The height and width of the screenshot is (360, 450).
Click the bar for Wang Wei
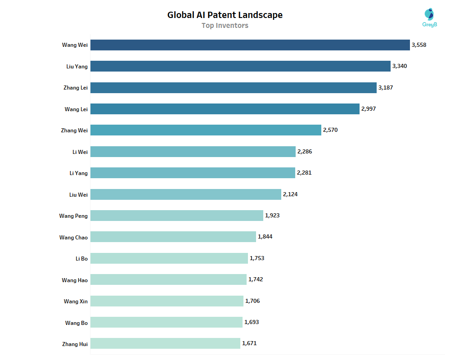(250, 45)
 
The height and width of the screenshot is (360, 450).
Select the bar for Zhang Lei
(233, 88)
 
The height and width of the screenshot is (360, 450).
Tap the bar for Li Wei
(193, 152)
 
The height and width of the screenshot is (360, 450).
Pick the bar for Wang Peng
(176, 216)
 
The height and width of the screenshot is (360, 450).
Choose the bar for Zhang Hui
(165, 343)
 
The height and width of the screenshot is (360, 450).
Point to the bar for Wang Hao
(168, 279)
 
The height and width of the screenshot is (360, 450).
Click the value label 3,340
(400, 66)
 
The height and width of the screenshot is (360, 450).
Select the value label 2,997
(369, 109)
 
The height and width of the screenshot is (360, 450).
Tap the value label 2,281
(304, 173)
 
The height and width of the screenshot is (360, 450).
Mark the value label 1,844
(265, 237)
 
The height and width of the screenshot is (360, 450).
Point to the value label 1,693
(252, 322)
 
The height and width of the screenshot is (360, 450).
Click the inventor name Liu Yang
(77, 67)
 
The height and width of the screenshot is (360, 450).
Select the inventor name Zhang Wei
(74, 130)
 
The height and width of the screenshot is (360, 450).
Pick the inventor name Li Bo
(81, 258)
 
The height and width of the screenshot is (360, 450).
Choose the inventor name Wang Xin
(76, 301)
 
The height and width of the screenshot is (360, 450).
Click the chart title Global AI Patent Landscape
(225, 15)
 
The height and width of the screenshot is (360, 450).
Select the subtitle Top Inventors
(225, 26)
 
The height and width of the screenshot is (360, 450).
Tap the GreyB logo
(430, 18)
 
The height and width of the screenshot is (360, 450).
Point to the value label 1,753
(257, 258)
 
